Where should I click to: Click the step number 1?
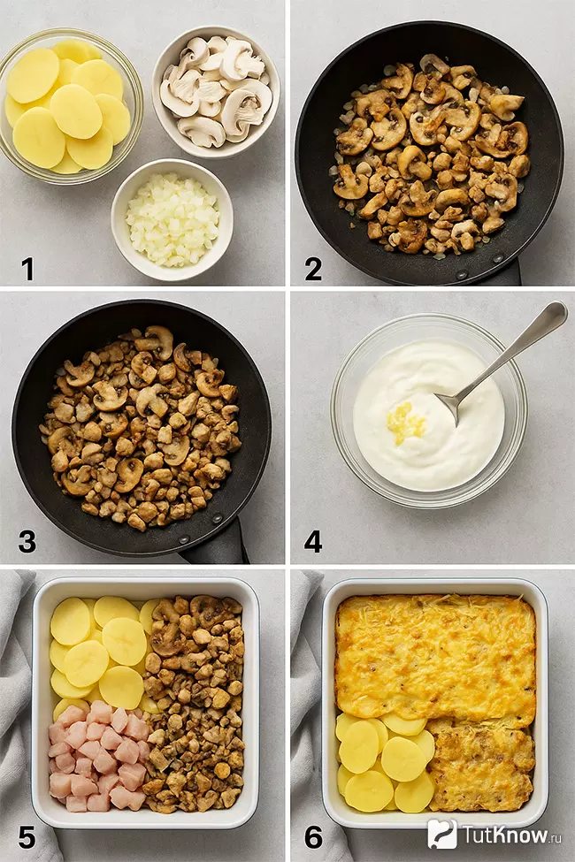[x=27, y=269]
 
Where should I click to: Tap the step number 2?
[x=313, y=269]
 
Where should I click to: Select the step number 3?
[x=27, y=541]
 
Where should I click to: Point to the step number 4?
[x=313, y=541]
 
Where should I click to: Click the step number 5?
[x=27, y=838]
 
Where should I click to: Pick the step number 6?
[x=313, y=838]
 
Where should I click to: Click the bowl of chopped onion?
[x=172, y=220]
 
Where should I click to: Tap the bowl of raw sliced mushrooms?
[x=216, y=91]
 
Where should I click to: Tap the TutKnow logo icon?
[x=442, y=834]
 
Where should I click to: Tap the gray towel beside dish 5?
[x=17, y=714]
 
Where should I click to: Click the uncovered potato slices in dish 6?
[x=385, y=760]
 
